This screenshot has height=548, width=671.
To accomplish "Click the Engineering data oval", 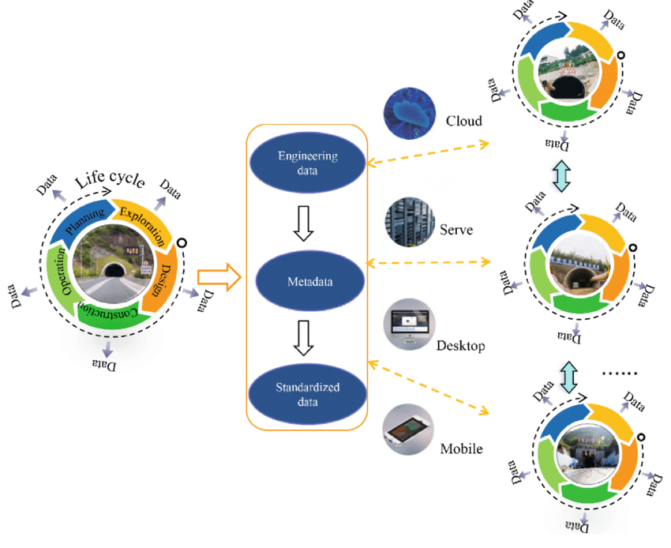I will pos(308,163).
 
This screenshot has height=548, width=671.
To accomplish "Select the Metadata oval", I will pos(308,280).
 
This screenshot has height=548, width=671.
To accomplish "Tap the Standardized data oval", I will pos(308,394).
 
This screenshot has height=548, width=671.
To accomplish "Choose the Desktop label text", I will pos(460,345).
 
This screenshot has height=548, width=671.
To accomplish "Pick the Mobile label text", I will pos(461,449).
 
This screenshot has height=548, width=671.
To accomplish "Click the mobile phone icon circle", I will pos(407,430).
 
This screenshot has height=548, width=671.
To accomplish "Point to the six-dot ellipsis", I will pos(619,372).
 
